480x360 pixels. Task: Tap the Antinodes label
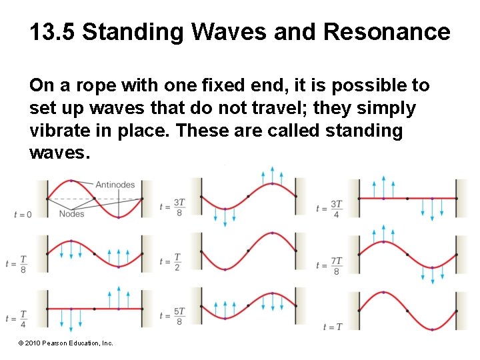point(115,185)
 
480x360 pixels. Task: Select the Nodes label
point(71,213)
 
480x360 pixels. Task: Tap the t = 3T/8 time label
point(172,207)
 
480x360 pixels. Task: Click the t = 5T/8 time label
point(172,316)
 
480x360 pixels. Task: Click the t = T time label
point(332,327)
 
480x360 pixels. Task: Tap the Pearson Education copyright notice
point(66,343)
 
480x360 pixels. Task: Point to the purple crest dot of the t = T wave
point(383,293)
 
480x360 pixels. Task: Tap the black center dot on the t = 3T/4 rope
point(407,198)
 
